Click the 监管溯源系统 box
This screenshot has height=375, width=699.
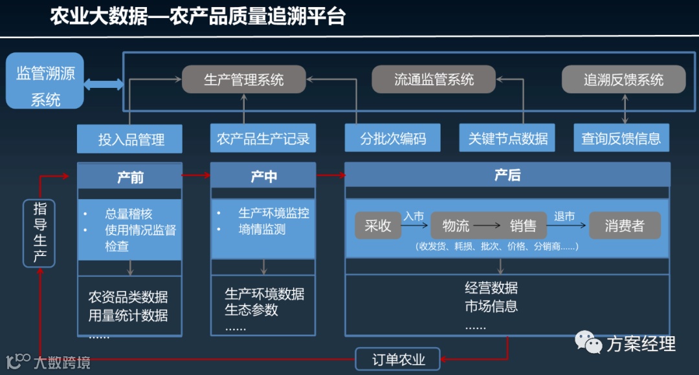coord(45,81)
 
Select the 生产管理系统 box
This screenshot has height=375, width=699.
coord(243,80)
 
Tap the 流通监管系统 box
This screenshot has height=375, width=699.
coord(434,80)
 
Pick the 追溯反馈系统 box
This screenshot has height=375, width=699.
coord(623,80)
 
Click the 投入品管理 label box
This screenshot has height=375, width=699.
coord(130,138)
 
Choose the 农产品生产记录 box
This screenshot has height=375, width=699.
coord(263,138)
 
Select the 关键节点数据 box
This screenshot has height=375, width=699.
coord(507,138)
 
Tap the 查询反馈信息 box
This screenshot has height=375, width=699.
coord(621,138)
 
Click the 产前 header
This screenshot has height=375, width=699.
coord(130,176)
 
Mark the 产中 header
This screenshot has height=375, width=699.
coord(263,176)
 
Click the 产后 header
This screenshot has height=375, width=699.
coord(507,175)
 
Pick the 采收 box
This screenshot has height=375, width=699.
coord(378,226)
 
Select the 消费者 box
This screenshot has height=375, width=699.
coord(624,226)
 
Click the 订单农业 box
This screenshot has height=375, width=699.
coord(398,359)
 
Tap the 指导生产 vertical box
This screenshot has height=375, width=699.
coord(39,233)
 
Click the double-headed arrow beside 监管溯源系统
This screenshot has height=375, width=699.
coord(104,84)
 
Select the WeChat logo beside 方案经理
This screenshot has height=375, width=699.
coord(588,342)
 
